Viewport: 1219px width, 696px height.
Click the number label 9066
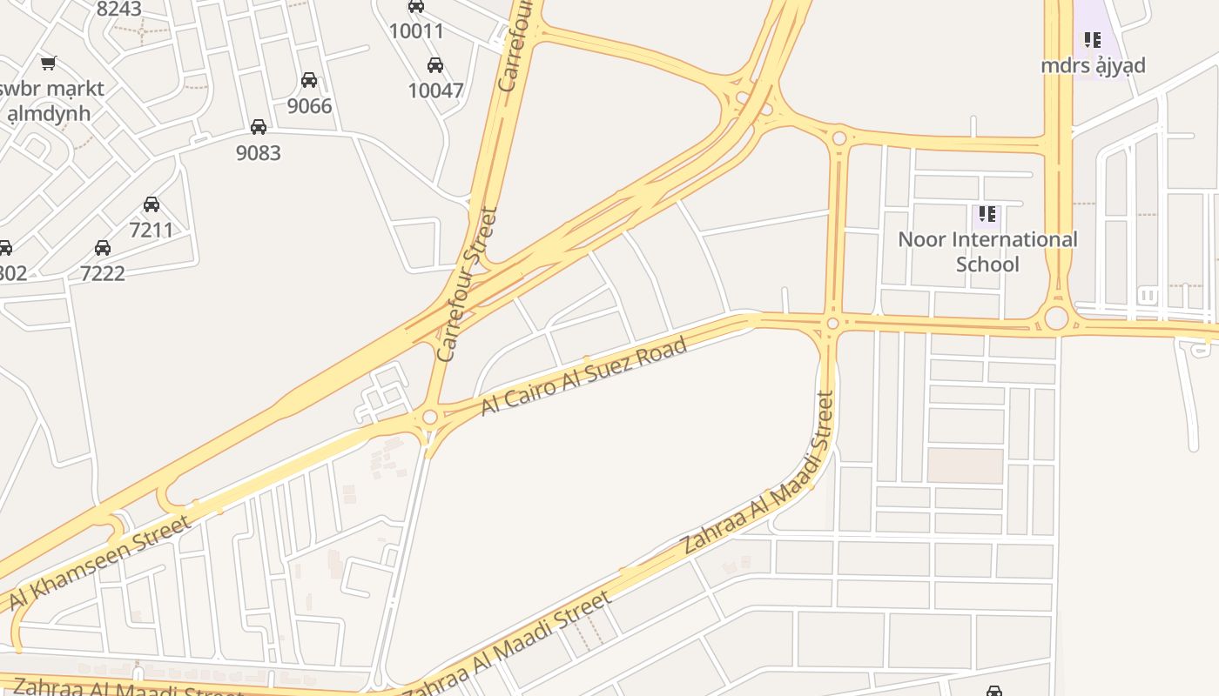310,106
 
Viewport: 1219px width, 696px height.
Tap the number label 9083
259,153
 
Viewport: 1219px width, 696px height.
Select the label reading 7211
152,231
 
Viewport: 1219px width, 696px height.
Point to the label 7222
103,273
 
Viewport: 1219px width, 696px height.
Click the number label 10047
435,90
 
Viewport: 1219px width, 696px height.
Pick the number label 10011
416,31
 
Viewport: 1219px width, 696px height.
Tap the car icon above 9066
309,80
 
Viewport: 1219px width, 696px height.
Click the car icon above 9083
259,127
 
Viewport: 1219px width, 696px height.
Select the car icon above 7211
152,204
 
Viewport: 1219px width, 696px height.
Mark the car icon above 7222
103,248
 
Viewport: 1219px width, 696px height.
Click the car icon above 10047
435,65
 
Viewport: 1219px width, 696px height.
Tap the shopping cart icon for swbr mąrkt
49,63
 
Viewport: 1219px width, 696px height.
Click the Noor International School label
987,251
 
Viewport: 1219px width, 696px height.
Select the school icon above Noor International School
987,213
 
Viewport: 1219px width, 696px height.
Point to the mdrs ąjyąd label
1093,65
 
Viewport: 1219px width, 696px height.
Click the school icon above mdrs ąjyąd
1092,40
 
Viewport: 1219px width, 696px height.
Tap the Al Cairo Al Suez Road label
583,375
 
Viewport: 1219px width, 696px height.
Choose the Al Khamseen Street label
99,563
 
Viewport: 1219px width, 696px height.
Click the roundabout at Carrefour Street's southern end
429,418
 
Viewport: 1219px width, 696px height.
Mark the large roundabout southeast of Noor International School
1056,318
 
